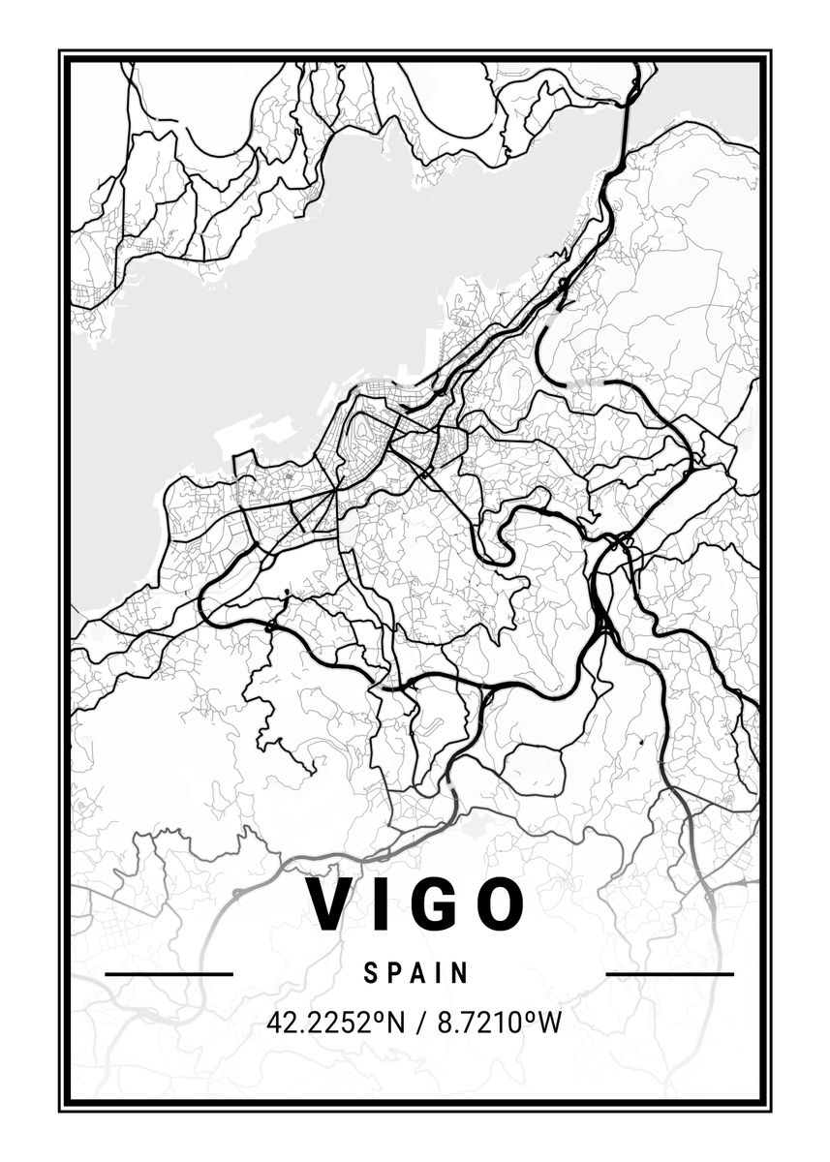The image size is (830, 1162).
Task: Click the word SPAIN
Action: [x=416, y=973]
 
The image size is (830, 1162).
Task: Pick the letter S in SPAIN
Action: [x=371, y=973]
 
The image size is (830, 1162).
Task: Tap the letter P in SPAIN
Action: [x=392, y=973]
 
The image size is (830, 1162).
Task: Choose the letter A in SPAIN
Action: [x=416, y=973]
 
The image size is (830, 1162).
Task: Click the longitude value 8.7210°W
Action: [x=500, y=1023]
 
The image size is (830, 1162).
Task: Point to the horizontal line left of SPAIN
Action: [x=169, y=973]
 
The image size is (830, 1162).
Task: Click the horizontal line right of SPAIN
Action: [x=669, y=973]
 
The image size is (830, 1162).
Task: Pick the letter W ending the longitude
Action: [x=549, y=1023]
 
